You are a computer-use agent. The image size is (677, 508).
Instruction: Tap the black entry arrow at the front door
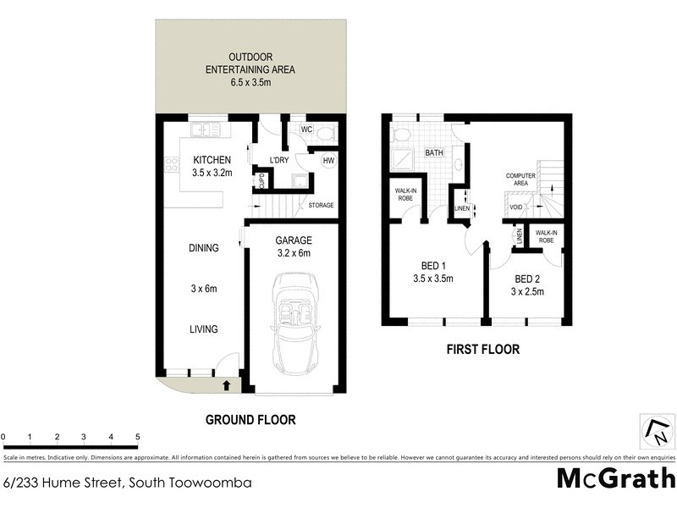coord(227,385)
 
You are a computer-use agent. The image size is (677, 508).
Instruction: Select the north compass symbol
coord(656,433)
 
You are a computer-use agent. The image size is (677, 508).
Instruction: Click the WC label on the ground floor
coord(307,130)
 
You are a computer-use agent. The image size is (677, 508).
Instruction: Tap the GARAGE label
coord(293,240)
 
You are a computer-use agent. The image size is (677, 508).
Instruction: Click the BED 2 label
coord(526,279)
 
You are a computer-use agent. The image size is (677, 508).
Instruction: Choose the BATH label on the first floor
coord(435,153)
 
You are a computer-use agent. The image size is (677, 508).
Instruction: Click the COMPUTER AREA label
coord(522,179)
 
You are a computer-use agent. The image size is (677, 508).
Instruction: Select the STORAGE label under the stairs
coord(321,206)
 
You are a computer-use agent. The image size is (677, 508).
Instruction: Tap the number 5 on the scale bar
coord(137,437)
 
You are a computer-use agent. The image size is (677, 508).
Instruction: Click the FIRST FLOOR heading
coord(484,349)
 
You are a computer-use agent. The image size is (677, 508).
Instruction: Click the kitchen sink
coord(203,130)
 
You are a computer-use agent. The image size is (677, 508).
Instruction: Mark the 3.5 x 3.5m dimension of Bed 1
coord(434,278)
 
